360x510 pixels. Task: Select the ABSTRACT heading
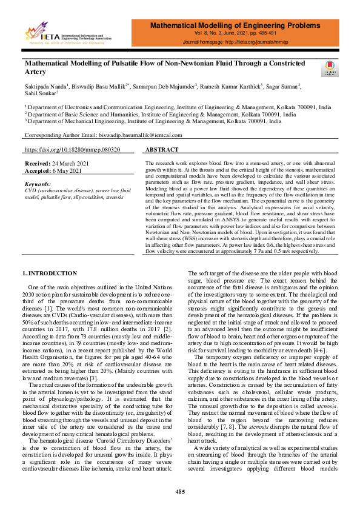point(162,149)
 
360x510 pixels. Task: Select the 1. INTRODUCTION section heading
point(50,273)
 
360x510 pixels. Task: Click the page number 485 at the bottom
point(180,492)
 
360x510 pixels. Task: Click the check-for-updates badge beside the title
point(332,68)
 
